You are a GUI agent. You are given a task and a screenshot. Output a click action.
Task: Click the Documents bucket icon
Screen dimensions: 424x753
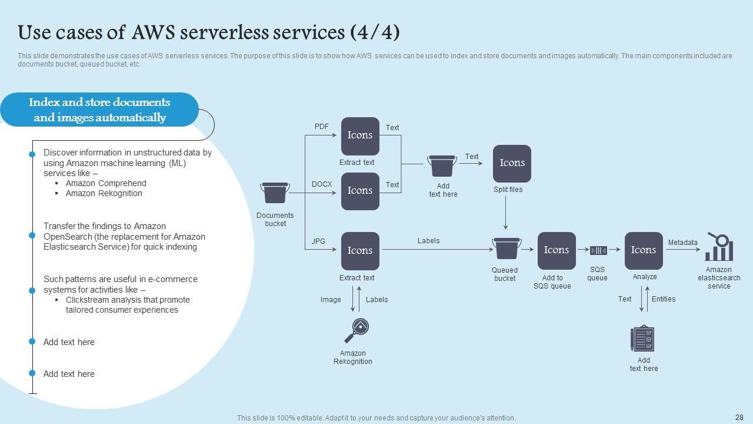click(x=275, y=193)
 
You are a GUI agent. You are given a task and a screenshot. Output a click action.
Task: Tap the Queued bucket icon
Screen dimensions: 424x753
click(x=506, y=249)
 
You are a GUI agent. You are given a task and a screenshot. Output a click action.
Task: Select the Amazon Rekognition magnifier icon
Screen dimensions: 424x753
click(x=356, y=330)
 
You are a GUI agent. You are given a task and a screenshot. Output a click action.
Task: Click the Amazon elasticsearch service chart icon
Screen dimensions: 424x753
click(x=719, y=247)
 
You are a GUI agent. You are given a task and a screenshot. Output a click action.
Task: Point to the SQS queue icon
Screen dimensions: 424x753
click(x=598, y=250)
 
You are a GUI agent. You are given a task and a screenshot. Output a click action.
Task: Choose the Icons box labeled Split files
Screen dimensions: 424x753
click(x=512, y=163)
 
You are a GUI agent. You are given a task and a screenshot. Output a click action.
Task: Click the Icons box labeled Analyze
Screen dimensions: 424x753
click(x=644, y=250)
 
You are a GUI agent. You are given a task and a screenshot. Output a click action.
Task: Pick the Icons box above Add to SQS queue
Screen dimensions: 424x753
click(x=557, y=250)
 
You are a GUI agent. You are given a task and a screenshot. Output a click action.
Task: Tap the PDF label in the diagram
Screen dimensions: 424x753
click(x=322, y=127)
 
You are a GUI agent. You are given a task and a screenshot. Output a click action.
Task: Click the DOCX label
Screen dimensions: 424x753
click(x=322, y=184)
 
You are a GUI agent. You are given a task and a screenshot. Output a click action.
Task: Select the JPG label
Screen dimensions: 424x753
click(x=318, y=241)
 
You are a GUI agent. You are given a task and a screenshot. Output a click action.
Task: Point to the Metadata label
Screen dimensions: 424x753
click(x=682, y=243)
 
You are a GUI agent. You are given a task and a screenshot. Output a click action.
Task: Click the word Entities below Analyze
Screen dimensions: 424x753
click(x=664, y=299)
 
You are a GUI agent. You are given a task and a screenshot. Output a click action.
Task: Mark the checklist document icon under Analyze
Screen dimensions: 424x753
click(x=642, y=339)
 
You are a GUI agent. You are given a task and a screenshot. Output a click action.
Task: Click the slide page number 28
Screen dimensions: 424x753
click(x=739, y=418)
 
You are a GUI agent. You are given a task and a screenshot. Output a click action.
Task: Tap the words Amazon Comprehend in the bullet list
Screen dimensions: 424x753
click(x=106, y=183)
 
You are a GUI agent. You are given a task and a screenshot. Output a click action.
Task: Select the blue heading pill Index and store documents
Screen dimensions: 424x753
click(x=99, y=110)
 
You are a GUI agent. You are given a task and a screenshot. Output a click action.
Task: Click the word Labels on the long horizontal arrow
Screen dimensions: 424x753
click(x=428, y=241)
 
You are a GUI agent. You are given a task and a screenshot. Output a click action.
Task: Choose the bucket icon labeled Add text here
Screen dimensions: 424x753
click(x=442, y=165)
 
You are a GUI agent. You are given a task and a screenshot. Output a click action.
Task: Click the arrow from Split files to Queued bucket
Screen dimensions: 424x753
click(x=505, y=212)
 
